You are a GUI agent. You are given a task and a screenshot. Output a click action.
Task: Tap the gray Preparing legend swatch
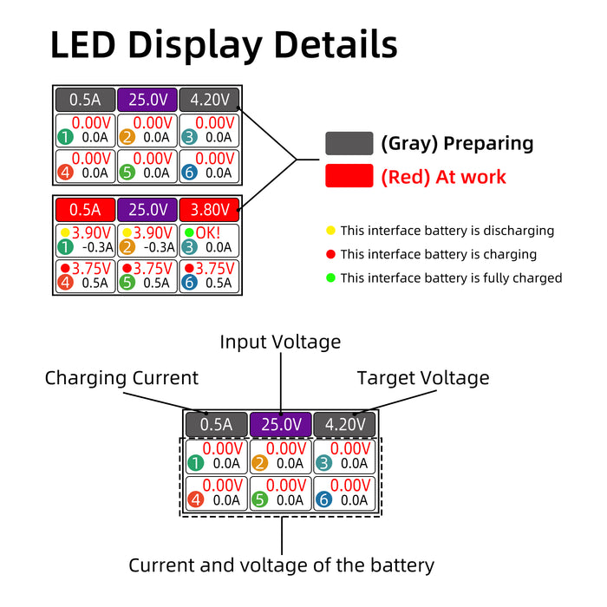tap(349, 144)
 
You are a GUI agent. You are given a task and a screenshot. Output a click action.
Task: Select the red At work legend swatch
tap(349, 177)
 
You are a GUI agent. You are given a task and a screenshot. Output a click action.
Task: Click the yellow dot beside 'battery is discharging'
tap(330, 231)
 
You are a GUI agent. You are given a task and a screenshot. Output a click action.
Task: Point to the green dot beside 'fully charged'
tap(330, 277)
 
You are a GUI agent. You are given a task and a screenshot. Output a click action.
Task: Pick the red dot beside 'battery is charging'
tap(330, 254)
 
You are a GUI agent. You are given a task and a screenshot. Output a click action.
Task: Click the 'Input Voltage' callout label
tap(280, 343)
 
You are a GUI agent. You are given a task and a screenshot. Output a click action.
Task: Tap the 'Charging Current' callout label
tap(121, 378)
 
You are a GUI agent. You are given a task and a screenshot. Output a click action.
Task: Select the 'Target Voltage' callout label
tap(423, 378)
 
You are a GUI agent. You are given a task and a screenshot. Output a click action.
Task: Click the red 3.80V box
tap(209, 210)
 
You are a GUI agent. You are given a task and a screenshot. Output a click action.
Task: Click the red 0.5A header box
tap(85, 210)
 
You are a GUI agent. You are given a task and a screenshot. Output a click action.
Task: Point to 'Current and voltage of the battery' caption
tap(281, 565)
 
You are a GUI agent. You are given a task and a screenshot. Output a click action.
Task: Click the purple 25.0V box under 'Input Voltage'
tap(281, 425)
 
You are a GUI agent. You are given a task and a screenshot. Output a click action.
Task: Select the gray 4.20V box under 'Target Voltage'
tap(345, 425)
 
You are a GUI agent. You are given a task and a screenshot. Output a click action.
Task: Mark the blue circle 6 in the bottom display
tap(324, 499)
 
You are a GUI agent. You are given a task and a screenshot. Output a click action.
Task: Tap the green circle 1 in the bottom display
tap(196, 463)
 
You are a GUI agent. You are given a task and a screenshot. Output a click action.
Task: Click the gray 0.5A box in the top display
tap(85, 100)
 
